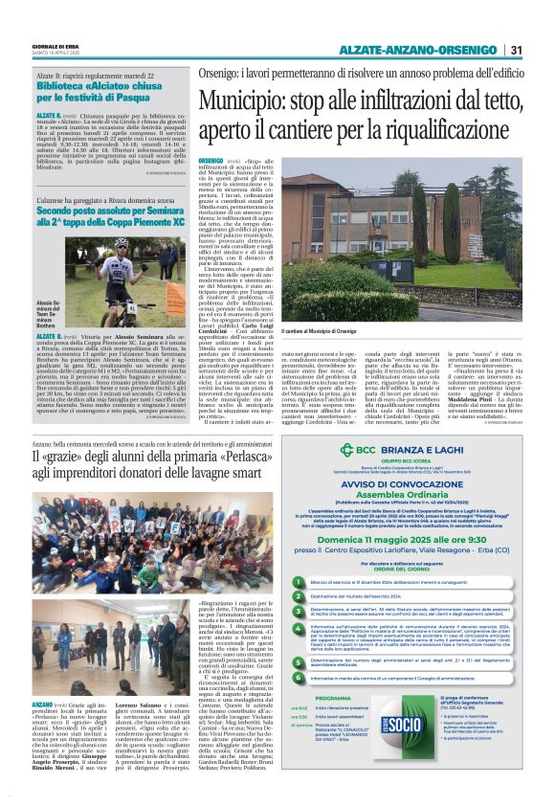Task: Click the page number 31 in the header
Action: coord(516,50)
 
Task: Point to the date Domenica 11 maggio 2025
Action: coord(412,540)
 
